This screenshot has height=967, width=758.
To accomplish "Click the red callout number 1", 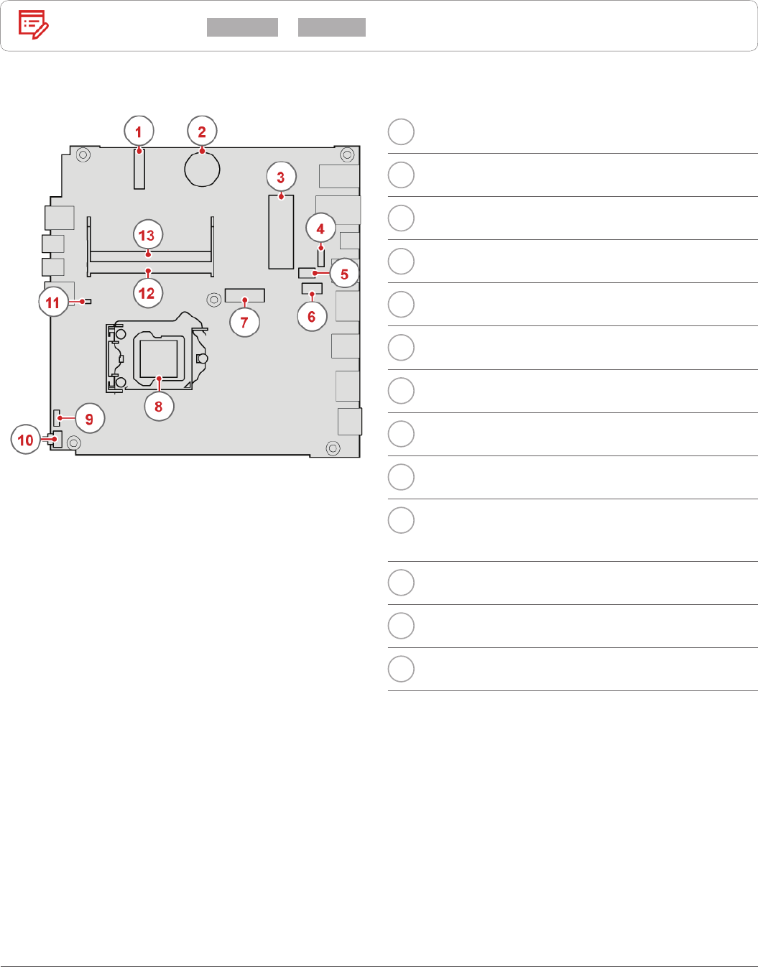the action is [x=139, y=131].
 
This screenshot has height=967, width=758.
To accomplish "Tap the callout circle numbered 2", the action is [x=202, y=131].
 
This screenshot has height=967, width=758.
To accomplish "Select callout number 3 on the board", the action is [x=281, y=177].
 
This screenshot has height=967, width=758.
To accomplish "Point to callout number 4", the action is [x=320, y=229].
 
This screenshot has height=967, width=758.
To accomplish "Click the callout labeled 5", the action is [x=344, y=274].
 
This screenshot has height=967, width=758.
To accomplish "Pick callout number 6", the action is [x=312, y=316].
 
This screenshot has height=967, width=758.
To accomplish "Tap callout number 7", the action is [x=244, y=323].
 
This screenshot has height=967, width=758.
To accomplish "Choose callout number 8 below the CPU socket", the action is [x=159, y=407].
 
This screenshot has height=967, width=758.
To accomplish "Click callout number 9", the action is [x=89, y=419].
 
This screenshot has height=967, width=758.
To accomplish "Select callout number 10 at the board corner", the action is [x=26, y=440].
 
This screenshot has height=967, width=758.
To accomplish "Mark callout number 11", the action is [x=52, y=302].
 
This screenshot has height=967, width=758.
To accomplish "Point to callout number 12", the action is [x=147, y=293].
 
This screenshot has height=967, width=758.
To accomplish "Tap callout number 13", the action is [x=147, y=235].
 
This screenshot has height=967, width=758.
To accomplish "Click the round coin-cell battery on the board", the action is [x=202, y=170].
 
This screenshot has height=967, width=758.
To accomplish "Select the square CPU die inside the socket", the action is [x=159, y=358].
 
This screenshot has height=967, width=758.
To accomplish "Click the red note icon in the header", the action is [x=33, y=25].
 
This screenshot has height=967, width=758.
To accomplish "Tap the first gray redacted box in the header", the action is [x=242, y=27].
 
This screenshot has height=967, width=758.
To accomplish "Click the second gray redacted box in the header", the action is [x=332, y=27].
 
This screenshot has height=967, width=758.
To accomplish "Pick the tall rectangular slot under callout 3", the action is [x=281, y=232].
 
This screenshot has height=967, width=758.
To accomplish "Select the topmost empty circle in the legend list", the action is [x=401, y=132].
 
